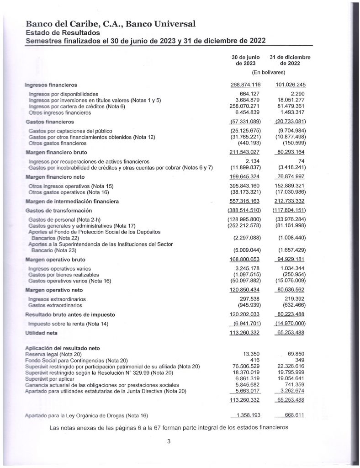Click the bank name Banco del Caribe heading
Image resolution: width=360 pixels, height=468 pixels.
[111, 24]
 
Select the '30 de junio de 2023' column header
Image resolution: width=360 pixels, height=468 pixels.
[245, 60]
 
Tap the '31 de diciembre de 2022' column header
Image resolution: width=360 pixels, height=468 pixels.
[290, 60]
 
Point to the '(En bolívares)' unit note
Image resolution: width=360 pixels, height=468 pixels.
[269, 72]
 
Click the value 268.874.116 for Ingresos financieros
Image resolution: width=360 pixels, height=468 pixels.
[245, 85]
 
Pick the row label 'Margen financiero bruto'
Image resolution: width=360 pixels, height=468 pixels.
[56, 152]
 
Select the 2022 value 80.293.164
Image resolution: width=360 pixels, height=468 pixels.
[290, 152]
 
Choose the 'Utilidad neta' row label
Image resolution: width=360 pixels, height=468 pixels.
[41, 333]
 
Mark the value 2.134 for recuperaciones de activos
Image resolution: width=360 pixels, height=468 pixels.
[253, 161]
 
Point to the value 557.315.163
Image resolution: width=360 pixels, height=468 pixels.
[245, 201]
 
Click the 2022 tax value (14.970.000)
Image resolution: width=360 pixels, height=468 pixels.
[290, 324]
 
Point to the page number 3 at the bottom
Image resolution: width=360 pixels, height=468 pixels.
[169, 441]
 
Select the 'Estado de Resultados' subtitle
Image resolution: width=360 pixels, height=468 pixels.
[63, 32]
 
